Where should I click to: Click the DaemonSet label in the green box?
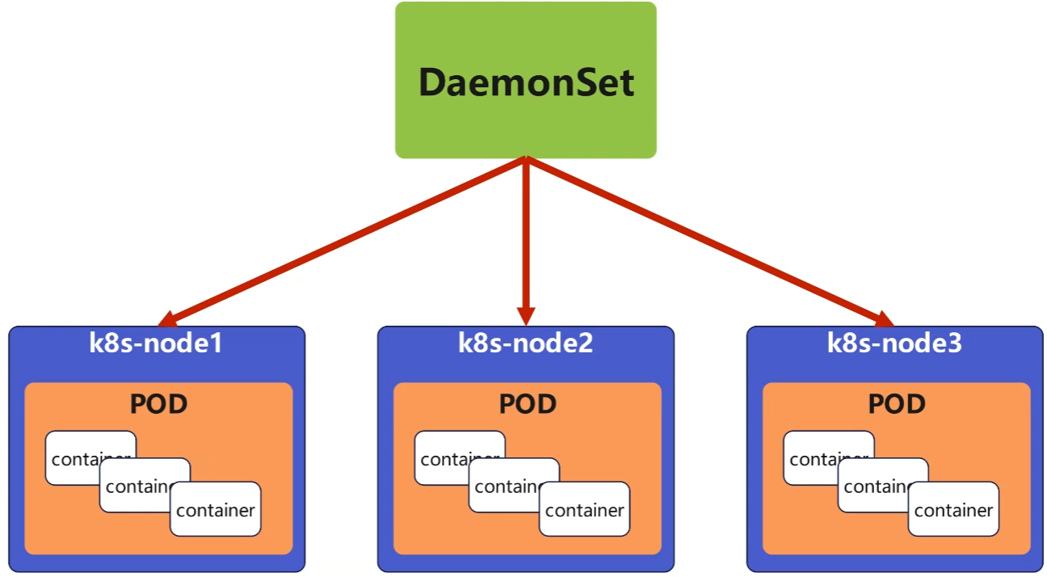526,82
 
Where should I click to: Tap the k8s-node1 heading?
156,343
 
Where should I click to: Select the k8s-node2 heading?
525,343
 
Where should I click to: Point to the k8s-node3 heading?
894,343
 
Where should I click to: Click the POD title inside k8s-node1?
158,403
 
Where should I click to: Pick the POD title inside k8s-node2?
528,403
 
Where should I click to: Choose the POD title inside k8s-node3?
897,403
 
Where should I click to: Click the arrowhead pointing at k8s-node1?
167,319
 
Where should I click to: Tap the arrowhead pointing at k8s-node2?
526,316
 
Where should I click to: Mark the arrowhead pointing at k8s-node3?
884,319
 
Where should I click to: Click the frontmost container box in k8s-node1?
216,509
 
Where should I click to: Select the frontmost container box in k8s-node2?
584,509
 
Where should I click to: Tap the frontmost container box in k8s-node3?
953,509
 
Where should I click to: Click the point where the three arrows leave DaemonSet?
526,159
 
